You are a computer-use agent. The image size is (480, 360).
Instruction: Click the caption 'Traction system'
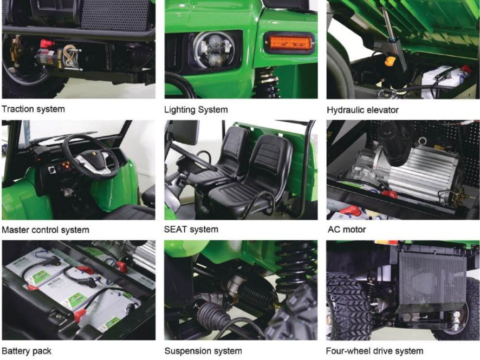pos(34,109)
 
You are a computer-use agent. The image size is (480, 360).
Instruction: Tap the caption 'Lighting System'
pos(196,109)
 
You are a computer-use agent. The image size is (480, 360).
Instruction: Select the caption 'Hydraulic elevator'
pos(363,110)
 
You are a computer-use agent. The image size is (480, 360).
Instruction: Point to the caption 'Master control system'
pos(46,230)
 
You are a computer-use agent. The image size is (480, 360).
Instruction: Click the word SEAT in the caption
pos(176,229)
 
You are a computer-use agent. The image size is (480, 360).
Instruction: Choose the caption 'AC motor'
pos(347,230)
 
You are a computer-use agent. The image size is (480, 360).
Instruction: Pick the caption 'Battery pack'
pos(27,351)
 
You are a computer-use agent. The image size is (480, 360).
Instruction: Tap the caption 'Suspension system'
pos(203,351)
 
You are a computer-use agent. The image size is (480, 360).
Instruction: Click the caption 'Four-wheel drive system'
pos(375,351)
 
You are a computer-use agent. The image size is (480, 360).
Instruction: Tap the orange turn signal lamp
pos(289,42)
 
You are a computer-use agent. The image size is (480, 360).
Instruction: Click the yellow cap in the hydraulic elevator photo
pos(390,61)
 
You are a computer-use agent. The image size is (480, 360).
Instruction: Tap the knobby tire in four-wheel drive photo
pos(349,306)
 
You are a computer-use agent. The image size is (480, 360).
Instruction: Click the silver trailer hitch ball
pos(456,315)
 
